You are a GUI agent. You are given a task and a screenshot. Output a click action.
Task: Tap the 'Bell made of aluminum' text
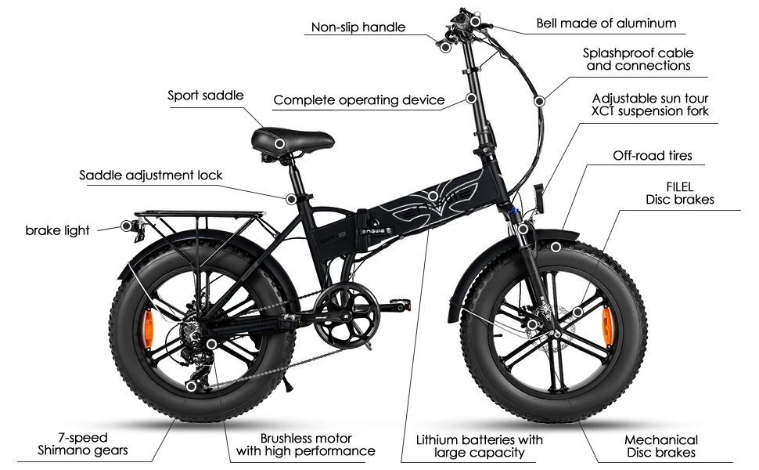(606, 23)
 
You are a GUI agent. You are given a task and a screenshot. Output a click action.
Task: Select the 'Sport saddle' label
(206, 96)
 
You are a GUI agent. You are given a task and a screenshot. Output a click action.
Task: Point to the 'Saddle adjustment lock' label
(151, 175)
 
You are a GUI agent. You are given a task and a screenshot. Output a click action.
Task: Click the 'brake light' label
(57, 230)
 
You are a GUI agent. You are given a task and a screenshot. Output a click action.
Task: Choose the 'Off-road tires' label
(652, 156)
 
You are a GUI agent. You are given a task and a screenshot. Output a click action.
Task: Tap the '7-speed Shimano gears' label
(82, 444)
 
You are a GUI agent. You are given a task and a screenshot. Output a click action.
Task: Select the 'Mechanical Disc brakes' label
(660, 446)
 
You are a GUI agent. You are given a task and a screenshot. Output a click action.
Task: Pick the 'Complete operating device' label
(358, 100)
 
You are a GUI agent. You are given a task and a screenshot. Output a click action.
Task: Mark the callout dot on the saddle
(279, 144)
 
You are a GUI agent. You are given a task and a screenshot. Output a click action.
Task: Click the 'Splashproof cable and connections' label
(638, 60)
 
